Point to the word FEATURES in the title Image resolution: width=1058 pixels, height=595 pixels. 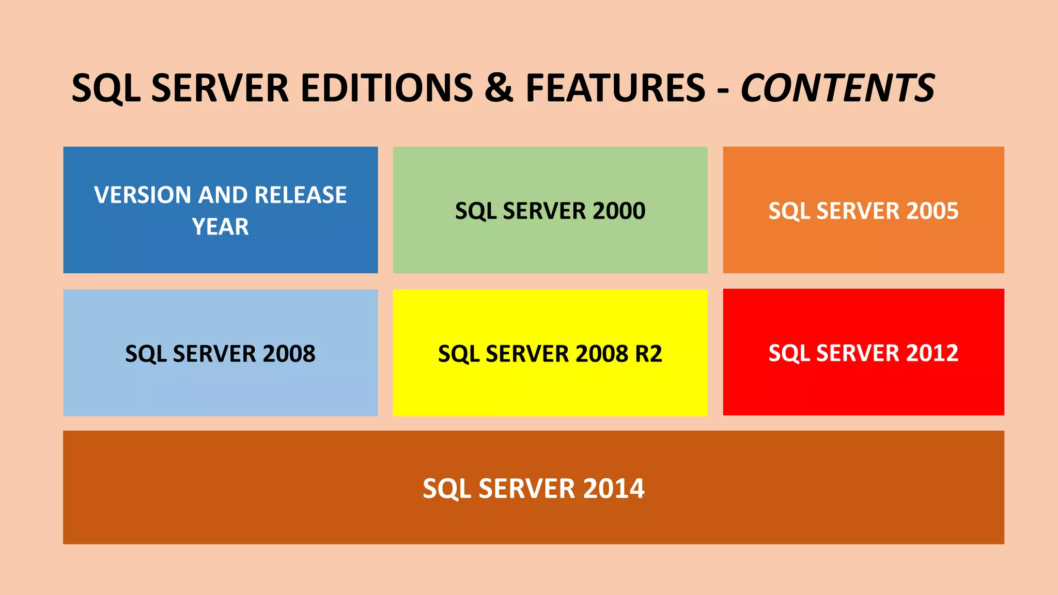coord(615,88)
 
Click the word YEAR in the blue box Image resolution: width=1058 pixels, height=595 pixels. coord(221,227)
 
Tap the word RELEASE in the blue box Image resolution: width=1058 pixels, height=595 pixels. coord(300,195)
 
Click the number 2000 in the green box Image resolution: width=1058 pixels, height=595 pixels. coord(618,211)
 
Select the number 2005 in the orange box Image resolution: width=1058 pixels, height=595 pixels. coord(931,211)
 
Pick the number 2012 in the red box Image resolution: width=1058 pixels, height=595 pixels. coord(931,353)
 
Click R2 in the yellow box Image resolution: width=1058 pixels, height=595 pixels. coord(648,354)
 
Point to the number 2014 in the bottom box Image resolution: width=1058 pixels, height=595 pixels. coord(613,489)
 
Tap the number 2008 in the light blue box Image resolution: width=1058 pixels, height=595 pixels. coord(289,354)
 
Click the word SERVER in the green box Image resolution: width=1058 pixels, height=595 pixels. coord(544,211)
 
